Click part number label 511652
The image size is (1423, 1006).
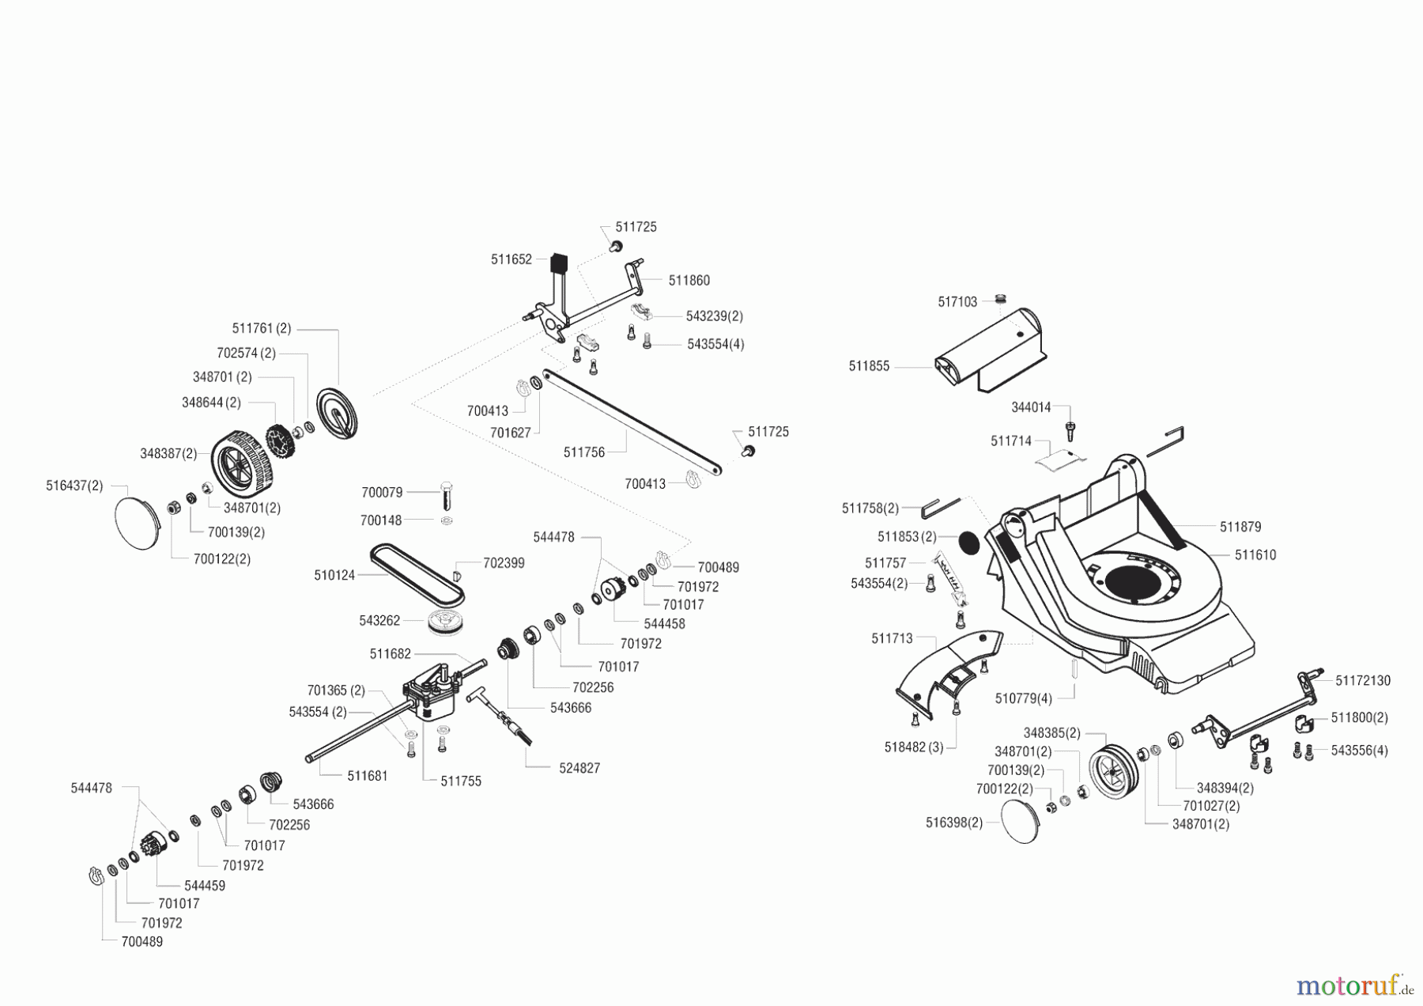pos(511,259)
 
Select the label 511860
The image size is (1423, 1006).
pos(689,281)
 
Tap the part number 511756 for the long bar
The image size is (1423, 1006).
pos(583,452)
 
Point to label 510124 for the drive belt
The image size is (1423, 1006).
pos(334,575)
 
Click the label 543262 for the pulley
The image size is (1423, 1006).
pos(379,621)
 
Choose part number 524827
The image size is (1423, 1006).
pos(579,768)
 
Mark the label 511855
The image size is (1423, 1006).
pos(869,366)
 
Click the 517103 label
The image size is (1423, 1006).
pos(957,301)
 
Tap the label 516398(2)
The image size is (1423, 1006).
pos(953,823)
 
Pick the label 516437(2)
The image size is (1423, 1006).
pos(74,486)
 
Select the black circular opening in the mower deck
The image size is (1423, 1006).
pos(1135,583)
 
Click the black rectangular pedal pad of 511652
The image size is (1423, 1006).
pos(559,262)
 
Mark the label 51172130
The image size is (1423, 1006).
pos(1363,680)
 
